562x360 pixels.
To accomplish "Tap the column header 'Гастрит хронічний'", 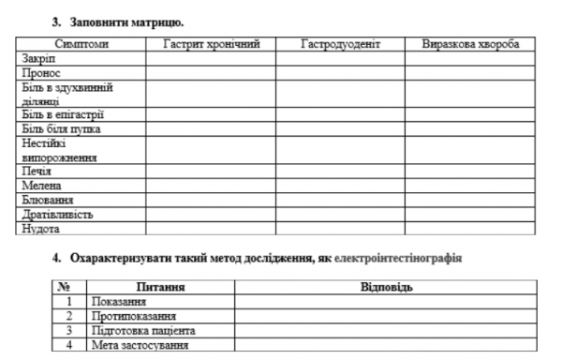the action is [211, 44].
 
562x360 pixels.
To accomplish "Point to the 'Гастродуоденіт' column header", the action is [340, 44].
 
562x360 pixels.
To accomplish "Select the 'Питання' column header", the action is [159, 287].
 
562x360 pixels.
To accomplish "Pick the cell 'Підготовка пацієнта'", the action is [142, 331].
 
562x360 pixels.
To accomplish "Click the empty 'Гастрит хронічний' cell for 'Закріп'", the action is [211, 58].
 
